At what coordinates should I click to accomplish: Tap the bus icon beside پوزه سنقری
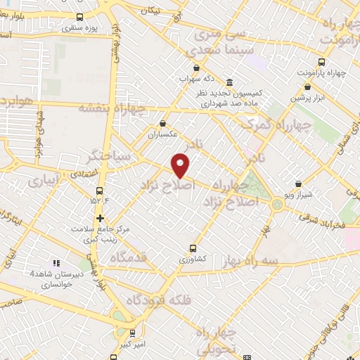(x=79, y=17)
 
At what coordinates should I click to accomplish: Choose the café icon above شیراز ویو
(x=298, y=182)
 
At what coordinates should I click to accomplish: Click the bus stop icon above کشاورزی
(x=193, y=247)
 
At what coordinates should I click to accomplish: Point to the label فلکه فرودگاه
(x=159, y=301)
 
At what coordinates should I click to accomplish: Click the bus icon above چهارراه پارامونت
(x=322, y=62)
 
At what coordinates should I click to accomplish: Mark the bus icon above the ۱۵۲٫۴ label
(x=100, y=190)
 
